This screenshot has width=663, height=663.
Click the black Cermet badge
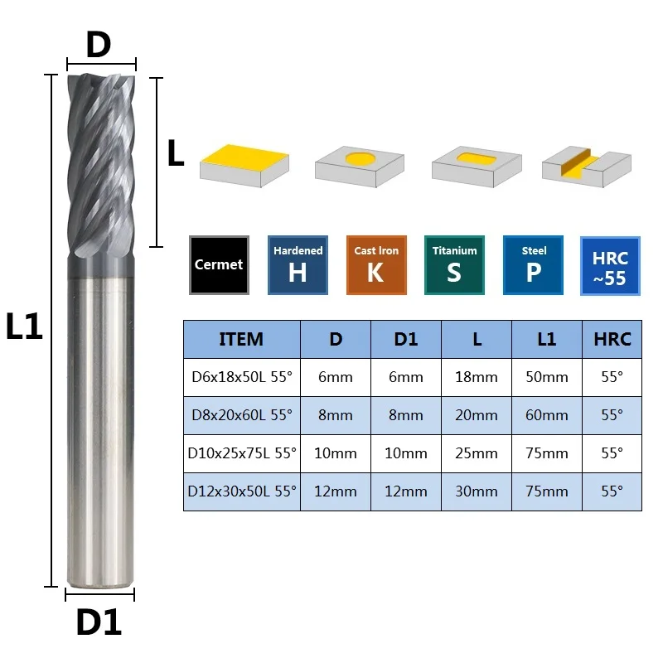pos(219,265)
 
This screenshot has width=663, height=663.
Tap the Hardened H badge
pos(298,265)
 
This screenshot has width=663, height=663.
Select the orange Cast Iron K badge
pos(376,265)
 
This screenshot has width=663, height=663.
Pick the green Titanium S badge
pos(454,265)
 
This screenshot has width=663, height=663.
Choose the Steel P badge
pos(533,265)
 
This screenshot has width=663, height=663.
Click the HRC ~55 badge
pos(610,266)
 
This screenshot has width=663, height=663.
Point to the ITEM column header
pos(241,339)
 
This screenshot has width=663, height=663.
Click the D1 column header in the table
pos(406,339)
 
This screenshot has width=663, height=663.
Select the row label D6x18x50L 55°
pos(242,377)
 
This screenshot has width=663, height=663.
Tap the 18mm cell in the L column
pos(477,377)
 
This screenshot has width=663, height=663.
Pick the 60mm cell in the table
pos(547,415)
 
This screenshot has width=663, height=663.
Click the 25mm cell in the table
pos(477,453)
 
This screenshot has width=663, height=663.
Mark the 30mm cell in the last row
pos(477,491)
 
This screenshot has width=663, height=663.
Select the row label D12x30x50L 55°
pos(242,491)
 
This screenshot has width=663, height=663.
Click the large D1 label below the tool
pos(99,622)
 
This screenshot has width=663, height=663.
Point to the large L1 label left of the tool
pos(25,326)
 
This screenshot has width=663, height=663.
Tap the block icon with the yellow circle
pos(360,167)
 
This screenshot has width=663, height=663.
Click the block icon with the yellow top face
pos(244,165)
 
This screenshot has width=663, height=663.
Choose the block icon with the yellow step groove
pos(587,167)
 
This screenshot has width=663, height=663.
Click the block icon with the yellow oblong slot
pos(477,167)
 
